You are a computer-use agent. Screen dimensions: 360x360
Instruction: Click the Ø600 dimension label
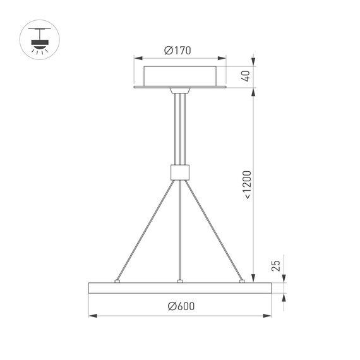[x=181, y=307]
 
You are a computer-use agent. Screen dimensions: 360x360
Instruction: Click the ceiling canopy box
[x=180, y=76]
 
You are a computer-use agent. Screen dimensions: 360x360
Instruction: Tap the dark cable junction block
[x=180, y=171]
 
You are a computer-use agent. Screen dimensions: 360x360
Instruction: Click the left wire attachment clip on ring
[x=117, y=280]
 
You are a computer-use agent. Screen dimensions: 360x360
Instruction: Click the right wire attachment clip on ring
[x=242, y=280]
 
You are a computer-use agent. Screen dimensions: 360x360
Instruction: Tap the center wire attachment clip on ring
[x=180, y=280]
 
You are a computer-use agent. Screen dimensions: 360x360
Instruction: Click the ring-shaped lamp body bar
[x=180, y=288]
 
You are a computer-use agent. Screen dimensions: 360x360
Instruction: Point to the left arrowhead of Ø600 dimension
[x=91, y=315]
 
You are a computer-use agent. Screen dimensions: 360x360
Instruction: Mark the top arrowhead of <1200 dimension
[x=254, y=92]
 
